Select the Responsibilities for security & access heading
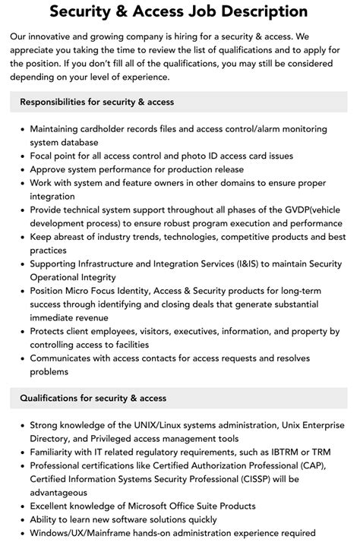click(97, 102)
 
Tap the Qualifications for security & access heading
click(93, 398)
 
